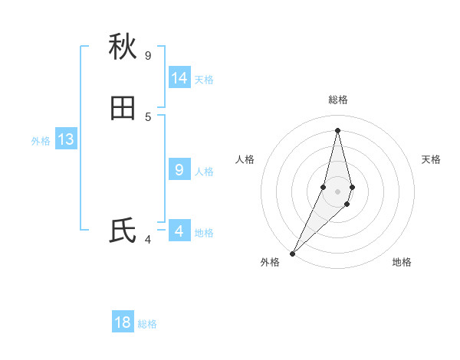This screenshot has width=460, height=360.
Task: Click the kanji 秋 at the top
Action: tap(123, 47)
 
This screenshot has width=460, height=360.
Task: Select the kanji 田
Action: tap(123, 109)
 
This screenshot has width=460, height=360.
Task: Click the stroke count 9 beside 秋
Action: tap(148, 55)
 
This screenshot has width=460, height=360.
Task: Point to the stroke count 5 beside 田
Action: tap(148, 116)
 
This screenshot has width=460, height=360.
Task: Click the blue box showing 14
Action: tap(179, 78)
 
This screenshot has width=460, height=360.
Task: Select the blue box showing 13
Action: tap(66, 139)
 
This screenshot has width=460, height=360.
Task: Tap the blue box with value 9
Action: tap(179, 170)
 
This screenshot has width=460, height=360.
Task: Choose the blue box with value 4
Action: tap(179, 231)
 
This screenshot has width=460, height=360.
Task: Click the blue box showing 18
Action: tap(123, 322)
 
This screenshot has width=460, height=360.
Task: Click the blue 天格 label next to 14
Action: tap(204, 80)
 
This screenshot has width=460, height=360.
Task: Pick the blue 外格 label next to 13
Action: tap(41, 141)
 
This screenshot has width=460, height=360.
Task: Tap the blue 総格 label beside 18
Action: tap(147, 324)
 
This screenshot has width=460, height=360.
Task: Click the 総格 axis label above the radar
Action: tap(337, 100)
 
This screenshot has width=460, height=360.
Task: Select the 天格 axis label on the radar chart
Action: tap(431, 159)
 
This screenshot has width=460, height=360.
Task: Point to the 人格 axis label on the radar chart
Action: tap(245, 159)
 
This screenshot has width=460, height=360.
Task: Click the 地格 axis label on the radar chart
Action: tap(402, 262)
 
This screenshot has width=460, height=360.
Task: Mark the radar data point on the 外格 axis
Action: tap(292, 254)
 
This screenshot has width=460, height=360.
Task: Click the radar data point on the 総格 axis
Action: tap(337, 129)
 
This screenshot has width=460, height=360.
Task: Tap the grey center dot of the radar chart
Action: tap(337, 191)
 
